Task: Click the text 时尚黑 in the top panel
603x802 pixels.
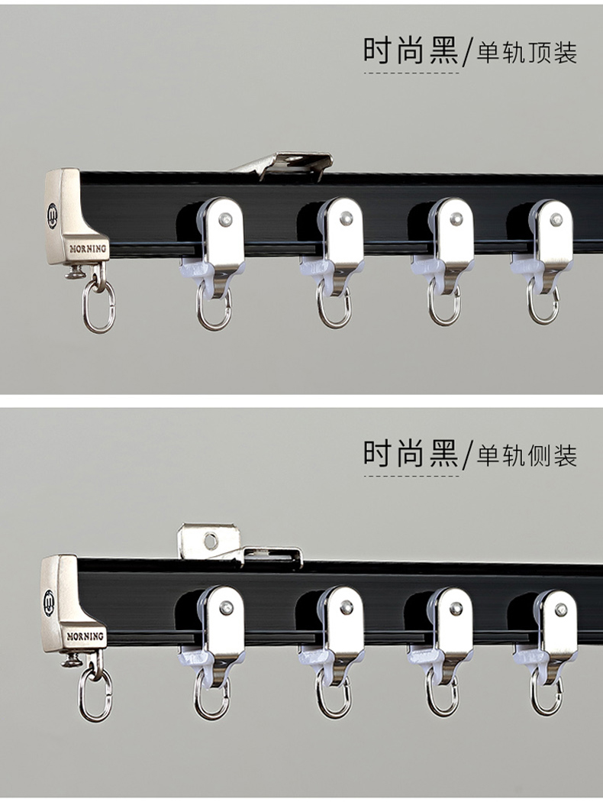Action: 411,50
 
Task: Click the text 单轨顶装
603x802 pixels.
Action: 527,52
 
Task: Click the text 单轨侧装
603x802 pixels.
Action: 527,454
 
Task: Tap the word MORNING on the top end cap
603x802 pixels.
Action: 88,249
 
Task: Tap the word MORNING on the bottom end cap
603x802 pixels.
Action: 85,636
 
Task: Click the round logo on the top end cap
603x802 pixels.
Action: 52,215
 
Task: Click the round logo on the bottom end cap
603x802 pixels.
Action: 49,603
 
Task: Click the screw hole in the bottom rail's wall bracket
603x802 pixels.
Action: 211,540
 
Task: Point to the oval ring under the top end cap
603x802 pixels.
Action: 99,306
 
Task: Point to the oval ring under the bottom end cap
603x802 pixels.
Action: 95,694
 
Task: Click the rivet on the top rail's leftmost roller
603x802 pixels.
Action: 225,221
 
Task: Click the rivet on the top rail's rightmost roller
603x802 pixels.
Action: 556,220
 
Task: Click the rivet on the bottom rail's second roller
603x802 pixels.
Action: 347,608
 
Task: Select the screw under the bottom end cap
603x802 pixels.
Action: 72,661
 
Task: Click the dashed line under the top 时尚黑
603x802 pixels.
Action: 411,73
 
